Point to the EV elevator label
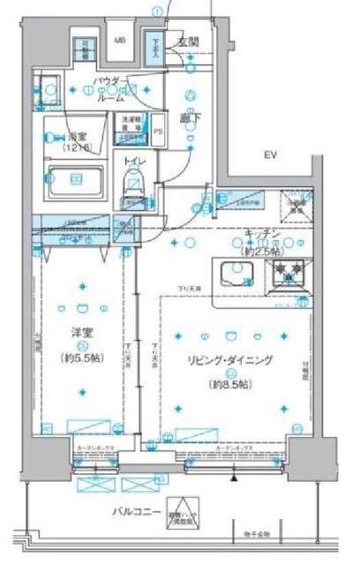tap(270, 156)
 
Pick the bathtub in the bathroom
tap(74, 186)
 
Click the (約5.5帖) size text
tap(83, 358)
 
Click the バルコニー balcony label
tap(135, 511)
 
